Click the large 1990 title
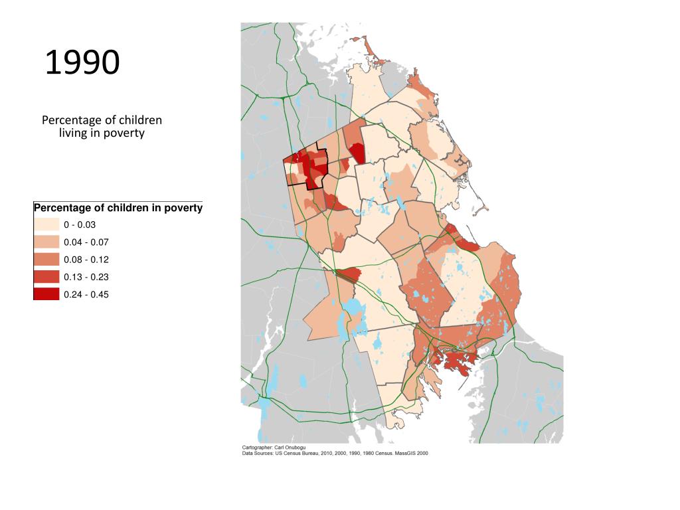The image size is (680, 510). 82,62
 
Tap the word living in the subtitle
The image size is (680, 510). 74,133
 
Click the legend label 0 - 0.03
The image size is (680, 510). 80,225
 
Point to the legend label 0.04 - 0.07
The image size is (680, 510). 86,242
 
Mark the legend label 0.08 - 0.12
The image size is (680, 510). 86,260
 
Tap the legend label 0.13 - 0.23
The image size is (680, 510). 86,277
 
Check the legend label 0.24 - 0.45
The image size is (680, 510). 86,294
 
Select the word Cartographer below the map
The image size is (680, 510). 256,448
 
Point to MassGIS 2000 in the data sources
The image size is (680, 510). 414,454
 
